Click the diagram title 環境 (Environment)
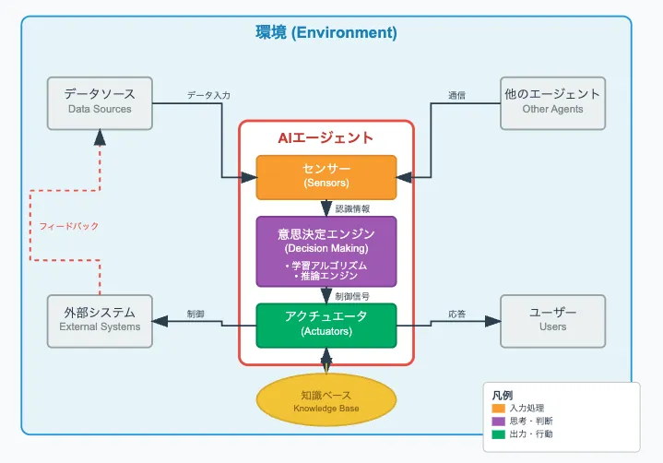click(x=326, y=33)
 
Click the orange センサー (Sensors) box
click(x=326, y=177)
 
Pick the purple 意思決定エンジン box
click(x=326, y=251)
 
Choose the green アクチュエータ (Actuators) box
click(x=326, y=325)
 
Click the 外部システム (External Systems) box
click(x=100, y=319)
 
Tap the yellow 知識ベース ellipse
click(x=326, y=400)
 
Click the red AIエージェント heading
click(x=326, y=137)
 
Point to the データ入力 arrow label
click(x=208, y=95)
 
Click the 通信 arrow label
click(x=456, y=95)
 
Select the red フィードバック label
click(x=69, y=226)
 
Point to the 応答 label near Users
click(x=456, y=314)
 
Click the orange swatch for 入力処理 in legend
click(x=499, y=408)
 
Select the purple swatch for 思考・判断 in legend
click(x=499, y=421)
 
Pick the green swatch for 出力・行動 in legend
click(x=499, y=433)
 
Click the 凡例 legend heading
click(x=503, y=395)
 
